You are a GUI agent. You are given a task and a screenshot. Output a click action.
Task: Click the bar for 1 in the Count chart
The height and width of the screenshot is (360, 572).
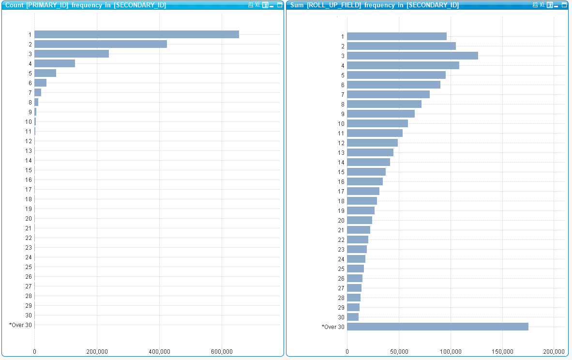coord(136,34)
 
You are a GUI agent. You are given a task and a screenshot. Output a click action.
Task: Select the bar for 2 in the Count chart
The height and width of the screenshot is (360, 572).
coord(101,44)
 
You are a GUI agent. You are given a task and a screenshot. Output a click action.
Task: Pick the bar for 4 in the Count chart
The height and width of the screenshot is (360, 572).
coord(55,63)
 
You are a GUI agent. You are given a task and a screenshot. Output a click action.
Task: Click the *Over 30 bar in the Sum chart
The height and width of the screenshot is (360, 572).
coord(437,327)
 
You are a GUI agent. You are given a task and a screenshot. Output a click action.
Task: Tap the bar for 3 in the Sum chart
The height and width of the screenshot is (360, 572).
coord(412,56)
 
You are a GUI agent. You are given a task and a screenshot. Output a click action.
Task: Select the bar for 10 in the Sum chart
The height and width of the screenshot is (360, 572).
coord(377,123)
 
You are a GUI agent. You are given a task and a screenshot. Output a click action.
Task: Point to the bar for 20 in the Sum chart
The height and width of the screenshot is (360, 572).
coord(360,220)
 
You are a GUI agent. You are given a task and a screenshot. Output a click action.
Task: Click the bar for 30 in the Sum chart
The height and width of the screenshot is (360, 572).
coord(353,317)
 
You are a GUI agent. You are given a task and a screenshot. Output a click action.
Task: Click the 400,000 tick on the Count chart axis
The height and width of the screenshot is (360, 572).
coord(159,351)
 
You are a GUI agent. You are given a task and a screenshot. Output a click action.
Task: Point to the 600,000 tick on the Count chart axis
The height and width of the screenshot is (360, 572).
coord(222,351)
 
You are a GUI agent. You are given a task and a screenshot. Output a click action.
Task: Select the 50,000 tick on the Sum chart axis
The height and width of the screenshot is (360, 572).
coord(399,351)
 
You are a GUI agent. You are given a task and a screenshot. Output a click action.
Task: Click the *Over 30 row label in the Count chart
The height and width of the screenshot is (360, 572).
coord(20,325)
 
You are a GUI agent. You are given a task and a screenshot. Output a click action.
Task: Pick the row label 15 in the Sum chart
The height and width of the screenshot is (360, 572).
coord(341,172)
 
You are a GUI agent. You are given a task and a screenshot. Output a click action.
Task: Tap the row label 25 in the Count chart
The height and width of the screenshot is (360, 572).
coord(29,267)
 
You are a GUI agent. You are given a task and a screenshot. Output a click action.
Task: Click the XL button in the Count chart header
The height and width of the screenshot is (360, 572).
coord(257,5)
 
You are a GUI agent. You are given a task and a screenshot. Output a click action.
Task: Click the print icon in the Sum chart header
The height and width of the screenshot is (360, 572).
coord(535,5)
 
